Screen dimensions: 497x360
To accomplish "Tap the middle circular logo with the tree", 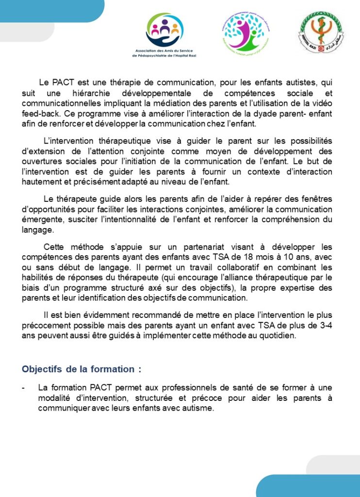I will [245, 32].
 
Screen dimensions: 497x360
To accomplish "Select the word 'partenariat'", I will [173, 248].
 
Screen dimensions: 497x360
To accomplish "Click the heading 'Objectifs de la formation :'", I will [82, 369].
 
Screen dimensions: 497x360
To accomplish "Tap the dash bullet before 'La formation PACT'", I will [24, 388].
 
